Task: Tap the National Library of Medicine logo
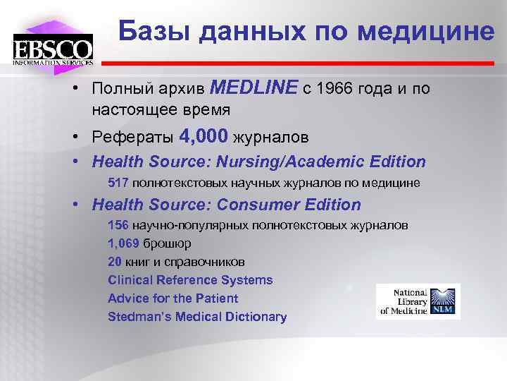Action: click(418, 301)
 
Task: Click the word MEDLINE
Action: click(254, 87)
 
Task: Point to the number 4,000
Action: click(204, 135)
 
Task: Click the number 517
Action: click(118, 183)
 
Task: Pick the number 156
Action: click(118, 226)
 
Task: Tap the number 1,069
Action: click(124, 244)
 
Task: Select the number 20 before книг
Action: click(115, 262)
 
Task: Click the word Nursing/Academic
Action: click(301, 162)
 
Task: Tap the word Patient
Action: click(216, 298)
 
